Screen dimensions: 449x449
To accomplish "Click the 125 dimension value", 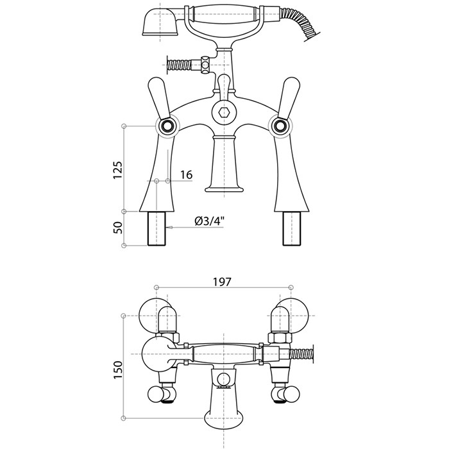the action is tap(117, 170).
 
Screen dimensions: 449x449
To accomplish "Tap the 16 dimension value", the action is tap(187, 174).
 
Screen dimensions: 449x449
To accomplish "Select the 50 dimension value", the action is tap(117, 228).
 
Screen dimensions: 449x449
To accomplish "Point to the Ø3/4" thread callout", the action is tap(209, 221).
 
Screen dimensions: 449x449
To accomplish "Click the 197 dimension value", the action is tap(222, 282).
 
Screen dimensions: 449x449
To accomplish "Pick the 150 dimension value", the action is tap(117, 369).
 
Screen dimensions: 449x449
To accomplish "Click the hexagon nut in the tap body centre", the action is tap(224, 113).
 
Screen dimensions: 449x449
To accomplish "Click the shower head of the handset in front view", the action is tap(160, 22).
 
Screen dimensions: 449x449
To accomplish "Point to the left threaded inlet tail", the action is tap(157, 228).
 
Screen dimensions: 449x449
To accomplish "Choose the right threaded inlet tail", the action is tap(291, 228).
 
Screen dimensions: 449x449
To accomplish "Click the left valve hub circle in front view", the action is tap(167, 126).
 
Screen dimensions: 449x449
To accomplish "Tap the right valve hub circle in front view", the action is tap(280, 126).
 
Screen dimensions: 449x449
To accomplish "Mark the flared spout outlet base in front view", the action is tap(224, 189).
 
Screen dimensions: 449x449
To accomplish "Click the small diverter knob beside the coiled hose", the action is tap(205, 65).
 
